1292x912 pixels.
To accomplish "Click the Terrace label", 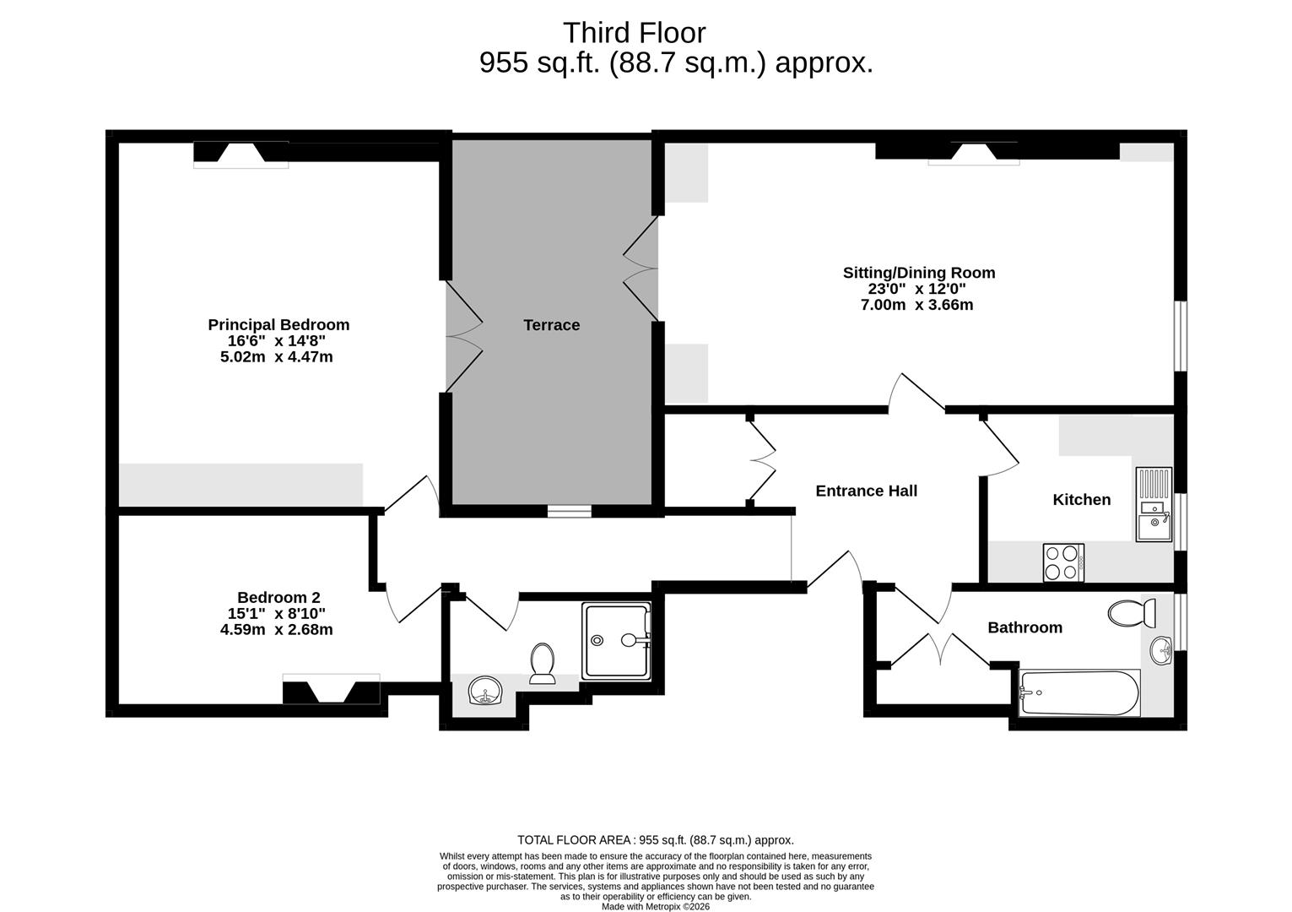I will [x=551, y=325].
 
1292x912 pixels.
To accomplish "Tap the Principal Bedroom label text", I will [x=278, y=325].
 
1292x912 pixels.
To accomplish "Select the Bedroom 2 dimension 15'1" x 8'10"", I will [x=277, y=614].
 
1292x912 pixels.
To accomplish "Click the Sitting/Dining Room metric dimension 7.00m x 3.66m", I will [x=916, y=305].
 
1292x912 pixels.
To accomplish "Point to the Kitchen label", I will [x=1081, y=500].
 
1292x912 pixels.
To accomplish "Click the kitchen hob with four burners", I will [x=1063, y=562].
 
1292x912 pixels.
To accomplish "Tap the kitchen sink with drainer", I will [x=1153, y=504].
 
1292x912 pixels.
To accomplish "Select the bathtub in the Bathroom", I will [x=1079, y=692].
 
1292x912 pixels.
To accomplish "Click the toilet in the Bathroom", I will [x=1127, y=613].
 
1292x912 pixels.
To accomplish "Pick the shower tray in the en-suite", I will [x=617, y=640].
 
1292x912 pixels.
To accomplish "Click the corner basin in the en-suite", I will [x=484, y=692].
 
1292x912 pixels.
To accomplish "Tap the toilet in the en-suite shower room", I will [x=542, y=663].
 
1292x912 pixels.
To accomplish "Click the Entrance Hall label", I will [x=866, y=491].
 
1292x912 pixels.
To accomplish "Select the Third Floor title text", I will [x=634, y=33].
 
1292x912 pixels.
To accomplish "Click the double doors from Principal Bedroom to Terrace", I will [x=463, y=336].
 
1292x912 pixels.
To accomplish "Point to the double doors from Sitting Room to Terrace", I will [x=641, y=269].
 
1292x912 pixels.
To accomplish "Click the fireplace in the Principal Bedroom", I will [x=241, y=154].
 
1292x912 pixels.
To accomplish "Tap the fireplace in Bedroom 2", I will [x=331, y=689].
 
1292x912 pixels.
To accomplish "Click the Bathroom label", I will [x=1024, y=627].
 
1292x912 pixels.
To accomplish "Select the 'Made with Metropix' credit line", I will [x=655, y=907].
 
